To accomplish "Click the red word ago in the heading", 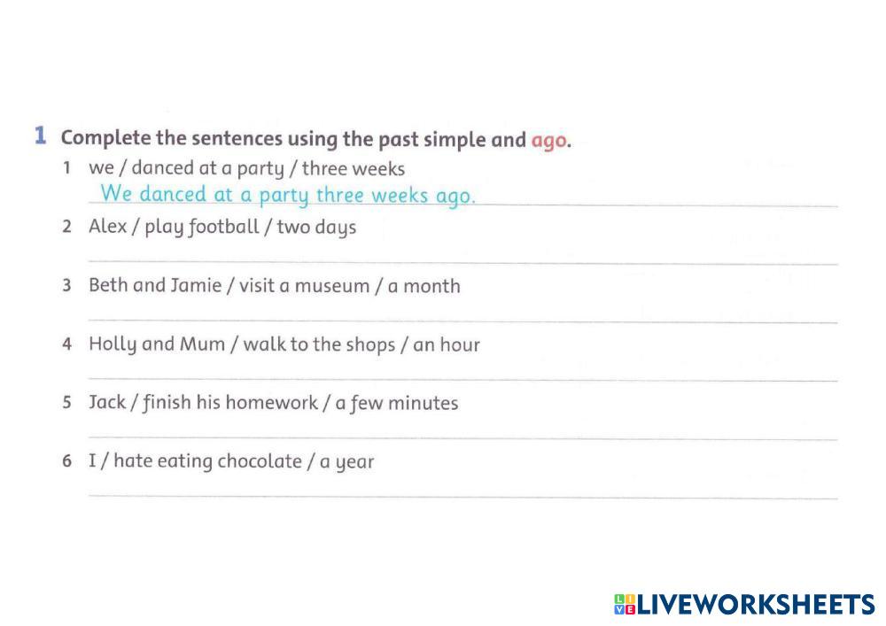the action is point(548,141).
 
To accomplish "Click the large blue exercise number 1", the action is point(40,135).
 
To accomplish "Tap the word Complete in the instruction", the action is point(105,139).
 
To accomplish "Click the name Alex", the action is point(108,226).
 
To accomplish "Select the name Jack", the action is point(107,402).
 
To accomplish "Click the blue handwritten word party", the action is point(284,196).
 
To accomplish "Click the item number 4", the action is point(67,344).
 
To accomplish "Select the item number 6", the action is point(67,460).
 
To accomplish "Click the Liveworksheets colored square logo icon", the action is point(625,605).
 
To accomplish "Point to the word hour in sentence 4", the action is point(460,344).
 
